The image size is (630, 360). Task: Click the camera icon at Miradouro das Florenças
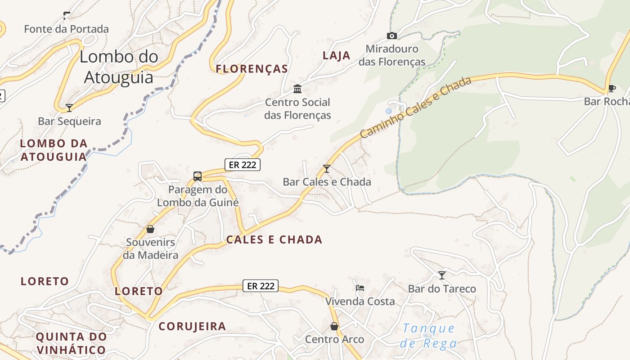(392, 36)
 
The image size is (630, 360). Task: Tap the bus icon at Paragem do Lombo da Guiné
(197, 176)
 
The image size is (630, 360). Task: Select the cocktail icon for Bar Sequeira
(69, 108)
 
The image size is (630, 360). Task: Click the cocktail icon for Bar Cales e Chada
(327, 169)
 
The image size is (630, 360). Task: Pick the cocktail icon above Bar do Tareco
(442, 275)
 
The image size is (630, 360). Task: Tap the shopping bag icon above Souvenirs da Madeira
(150, 229)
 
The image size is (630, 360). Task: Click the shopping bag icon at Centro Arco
(334, 326)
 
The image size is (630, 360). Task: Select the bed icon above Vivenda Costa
(360, 288)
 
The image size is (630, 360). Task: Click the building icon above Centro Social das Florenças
(297, 88)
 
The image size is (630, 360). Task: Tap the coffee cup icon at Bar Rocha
(611, 88)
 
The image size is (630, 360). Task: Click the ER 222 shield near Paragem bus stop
(243, 165)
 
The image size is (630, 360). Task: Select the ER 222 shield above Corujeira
(261, 286)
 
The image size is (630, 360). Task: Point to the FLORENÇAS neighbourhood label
(252, 69)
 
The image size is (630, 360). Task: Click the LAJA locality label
(336, 56)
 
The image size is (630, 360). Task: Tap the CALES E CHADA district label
(274, 239)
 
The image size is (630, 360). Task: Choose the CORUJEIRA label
(192, 326)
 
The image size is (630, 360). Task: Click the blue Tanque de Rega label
(428, 336)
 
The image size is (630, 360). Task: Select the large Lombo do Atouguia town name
(119, 67)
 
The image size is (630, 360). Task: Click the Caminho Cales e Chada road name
(415, 107)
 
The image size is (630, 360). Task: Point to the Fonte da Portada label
(66, 29)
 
